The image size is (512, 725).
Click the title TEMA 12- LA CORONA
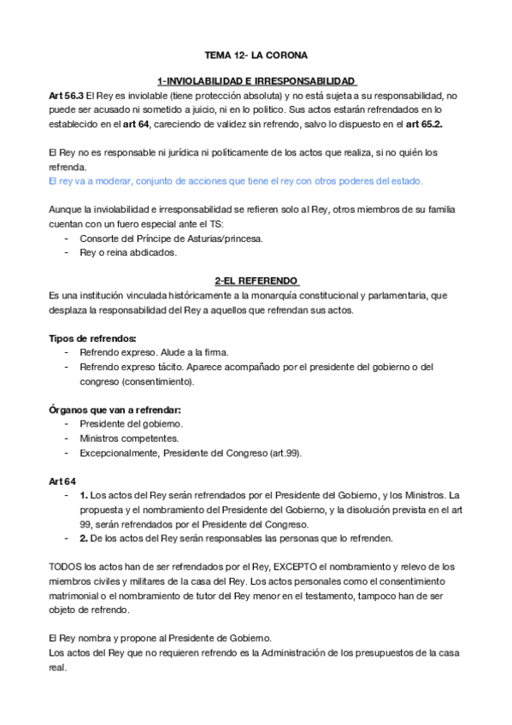(x=256, y=52)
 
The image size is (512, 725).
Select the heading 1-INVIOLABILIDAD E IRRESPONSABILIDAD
(x=256, y=80)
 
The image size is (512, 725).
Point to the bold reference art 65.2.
(x=445, y=124)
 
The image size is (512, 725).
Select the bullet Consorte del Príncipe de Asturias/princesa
(x=171, y=239)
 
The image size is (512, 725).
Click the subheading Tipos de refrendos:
(x=92, y=339)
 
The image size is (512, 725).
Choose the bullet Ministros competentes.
(x=129, y=439)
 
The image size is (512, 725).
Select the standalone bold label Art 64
(x=63, y=481)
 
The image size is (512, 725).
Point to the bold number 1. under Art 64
(x=84, y=496)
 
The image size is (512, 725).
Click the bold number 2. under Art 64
(x=84, y=539)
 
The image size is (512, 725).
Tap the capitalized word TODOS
(x=67, y=567)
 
